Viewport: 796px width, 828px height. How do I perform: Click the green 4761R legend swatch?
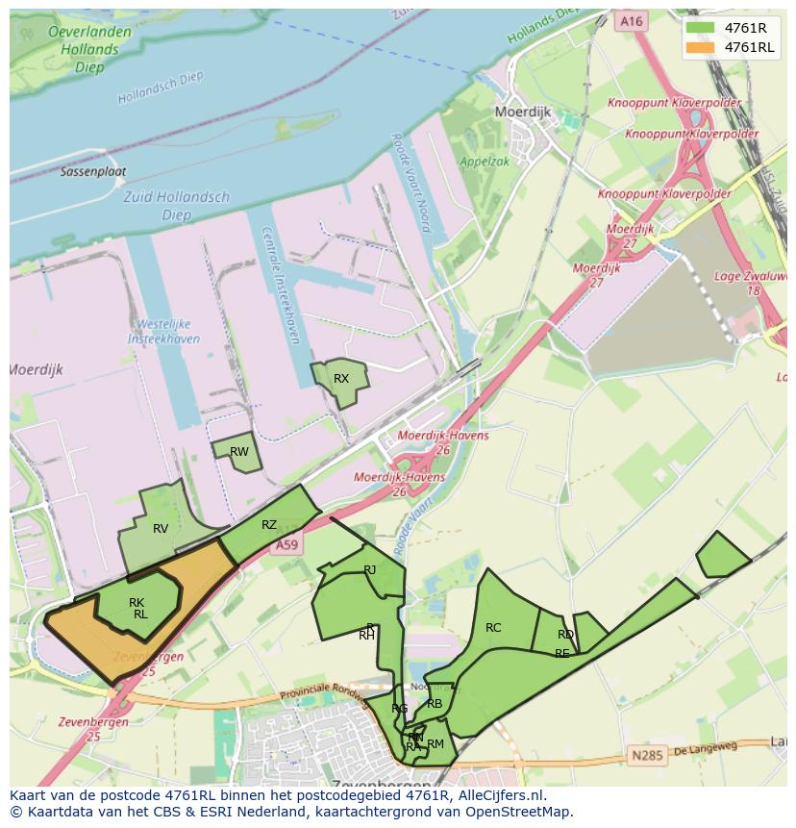coord(700,28)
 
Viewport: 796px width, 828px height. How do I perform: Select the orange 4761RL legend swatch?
coord(700,47)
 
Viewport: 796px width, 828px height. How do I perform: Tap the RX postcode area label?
coord(341,379)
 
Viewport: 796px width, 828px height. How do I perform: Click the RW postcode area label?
coord(239,452)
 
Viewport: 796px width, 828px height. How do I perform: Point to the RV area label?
coord(161,529)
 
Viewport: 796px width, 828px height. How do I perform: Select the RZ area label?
coord(269,525)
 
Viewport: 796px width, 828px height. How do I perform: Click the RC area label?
coord(493,628)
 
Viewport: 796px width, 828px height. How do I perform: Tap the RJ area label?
coord(370,570)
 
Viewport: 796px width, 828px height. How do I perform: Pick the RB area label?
coord(435,704)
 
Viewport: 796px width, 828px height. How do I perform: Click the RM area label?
coord(435,744)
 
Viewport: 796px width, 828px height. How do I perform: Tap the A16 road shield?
coord(631,20)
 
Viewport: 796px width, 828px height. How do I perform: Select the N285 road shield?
coord(648,756)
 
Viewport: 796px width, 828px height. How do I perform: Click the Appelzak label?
coord(485,163)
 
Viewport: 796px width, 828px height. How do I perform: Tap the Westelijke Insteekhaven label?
coord(164,332)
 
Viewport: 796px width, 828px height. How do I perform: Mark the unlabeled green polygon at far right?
coord(722,556)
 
